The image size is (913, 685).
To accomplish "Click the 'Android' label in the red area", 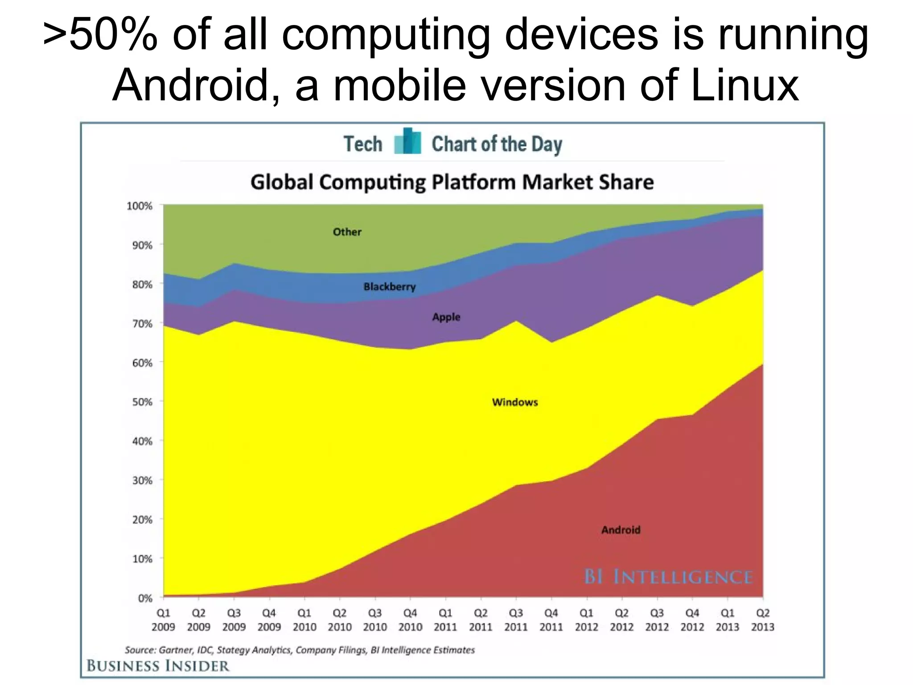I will tap(621, 530).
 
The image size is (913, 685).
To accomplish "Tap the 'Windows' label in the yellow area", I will tap(515, 402).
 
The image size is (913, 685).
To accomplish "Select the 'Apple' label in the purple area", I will tap(446, 317).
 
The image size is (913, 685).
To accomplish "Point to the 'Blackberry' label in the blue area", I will tap(390, 287).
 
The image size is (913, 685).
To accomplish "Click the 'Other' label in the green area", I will tap(347, 232).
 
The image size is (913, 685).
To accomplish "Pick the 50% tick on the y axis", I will tap(142, 402).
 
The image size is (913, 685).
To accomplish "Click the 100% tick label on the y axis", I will tap(139, 206).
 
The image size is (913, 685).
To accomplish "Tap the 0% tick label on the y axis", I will tap(145, 598).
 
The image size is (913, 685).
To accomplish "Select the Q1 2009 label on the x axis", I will tap(163, 620).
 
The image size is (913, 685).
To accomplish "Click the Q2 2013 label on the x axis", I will tap(763, 620).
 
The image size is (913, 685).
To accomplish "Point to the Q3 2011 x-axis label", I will tap(516, 620).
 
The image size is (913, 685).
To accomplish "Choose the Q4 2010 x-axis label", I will tap(410, 620).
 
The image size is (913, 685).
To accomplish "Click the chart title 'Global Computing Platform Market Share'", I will tap(452, 182).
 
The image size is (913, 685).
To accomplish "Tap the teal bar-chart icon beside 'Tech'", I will tap(407, 142).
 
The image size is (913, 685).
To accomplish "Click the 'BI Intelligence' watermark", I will tap(668, 577).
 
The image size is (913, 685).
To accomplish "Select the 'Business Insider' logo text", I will tap(158, 666).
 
